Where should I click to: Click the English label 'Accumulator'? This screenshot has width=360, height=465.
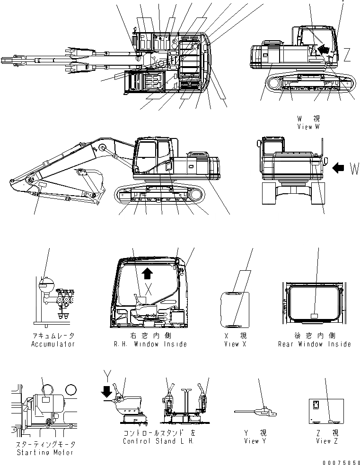tap(53, 344)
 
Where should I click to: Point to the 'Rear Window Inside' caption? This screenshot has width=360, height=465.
tap(314, 344)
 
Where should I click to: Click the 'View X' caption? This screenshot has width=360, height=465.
tap(235, 344)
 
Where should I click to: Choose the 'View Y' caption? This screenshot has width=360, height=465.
tap(252, 441)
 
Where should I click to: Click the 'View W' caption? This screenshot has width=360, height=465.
tap(308, 127)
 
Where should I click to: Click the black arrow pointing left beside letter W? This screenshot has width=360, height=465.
tap(339, 167)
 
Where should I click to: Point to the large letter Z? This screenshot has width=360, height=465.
tap(347, 56)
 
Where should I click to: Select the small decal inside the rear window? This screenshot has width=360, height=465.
tap(314, 315)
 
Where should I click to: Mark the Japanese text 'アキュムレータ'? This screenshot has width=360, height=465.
tap(53, 336)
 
